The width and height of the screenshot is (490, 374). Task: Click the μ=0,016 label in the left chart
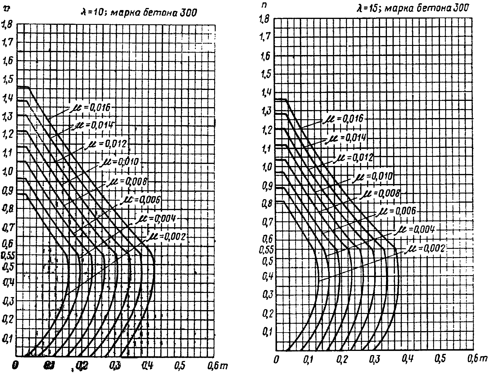(90, 108)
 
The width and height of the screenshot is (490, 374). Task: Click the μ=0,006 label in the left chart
(140, 200)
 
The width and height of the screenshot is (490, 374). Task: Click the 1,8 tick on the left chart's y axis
(7, 24)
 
